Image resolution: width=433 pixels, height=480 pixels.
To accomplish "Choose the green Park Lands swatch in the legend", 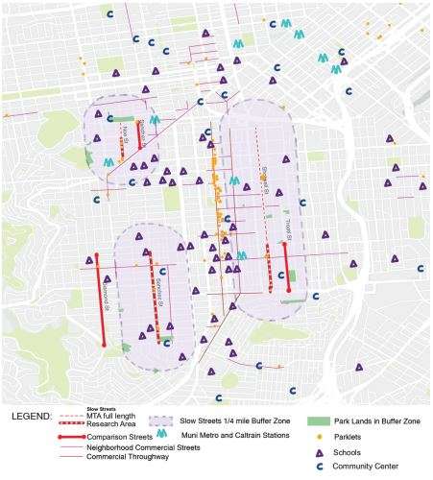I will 320,420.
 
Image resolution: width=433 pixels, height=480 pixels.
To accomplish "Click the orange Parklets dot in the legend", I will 320,434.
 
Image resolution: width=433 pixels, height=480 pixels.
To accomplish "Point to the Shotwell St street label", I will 286,225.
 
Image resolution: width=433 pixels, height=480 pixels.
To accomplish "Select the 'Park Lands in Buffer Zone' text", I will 378,420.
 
